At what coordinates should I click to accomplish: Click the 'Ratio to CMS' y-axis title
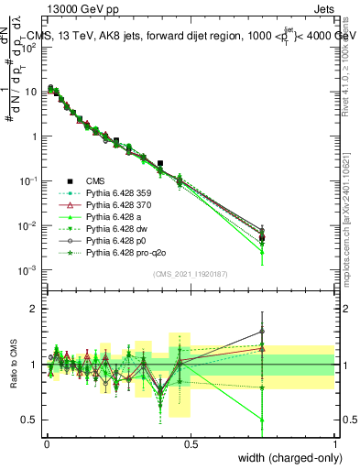point(14,365)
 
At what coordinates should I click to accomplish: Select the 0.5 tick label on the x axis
point(191,443)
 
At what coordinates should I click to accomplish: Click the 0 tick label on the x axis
point(47,443)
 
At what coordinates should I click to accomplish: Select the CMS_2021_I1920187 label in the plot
point(190,273)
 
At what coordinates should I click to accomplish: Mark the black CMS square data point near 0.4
point(160,164)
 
